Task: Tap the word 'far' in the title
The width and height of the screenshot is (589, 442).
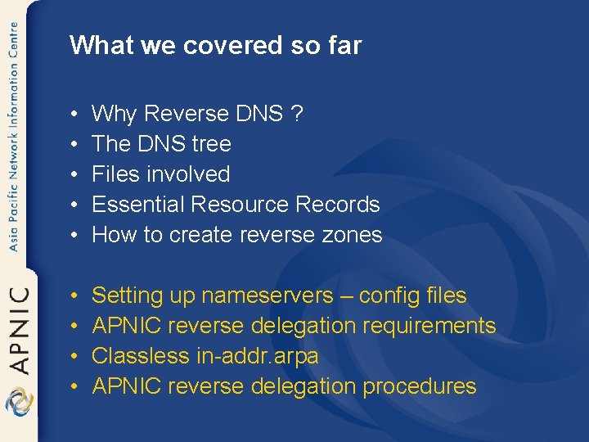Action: click(344, 45)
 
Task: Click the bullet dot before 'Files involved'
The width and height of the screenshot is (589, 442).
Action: click(74, 174)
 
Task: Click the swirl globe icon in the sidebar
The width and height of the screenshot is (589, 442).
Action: click(18, 404)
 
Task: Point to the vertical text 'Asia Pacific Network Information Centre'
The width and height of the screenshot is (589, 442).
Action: click(14, 139)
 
